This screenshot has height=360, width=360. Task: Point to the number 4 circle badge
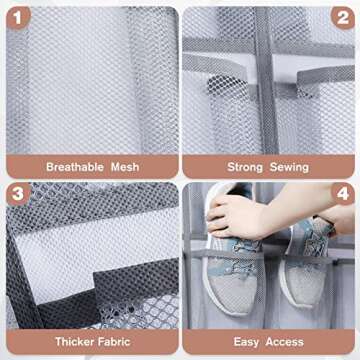[342, 194]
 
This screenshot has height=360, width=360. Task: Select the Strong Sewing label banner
[268, 167]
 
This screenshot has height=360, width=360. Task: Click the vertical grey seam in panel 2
[262, 60]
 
